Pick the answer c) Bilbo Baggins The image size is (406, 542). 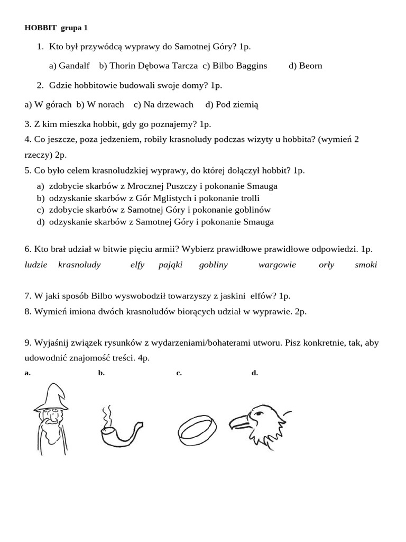[235, 66]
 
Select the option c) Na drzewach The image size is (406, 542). [163, 104]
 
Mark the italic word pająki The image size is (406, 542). [170, 265]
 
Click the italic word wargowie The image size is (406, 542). [277, 265]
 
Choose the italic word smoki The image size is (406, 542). [366, 265]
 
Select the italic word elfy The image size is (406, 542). [137, 265]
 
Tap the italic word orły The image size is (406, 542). [327, 265]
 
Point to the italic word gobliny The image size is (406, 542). [214, 265]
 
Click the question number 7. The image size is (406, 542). [27, 296]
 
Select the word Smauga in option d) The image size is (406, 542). [259, 222]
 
